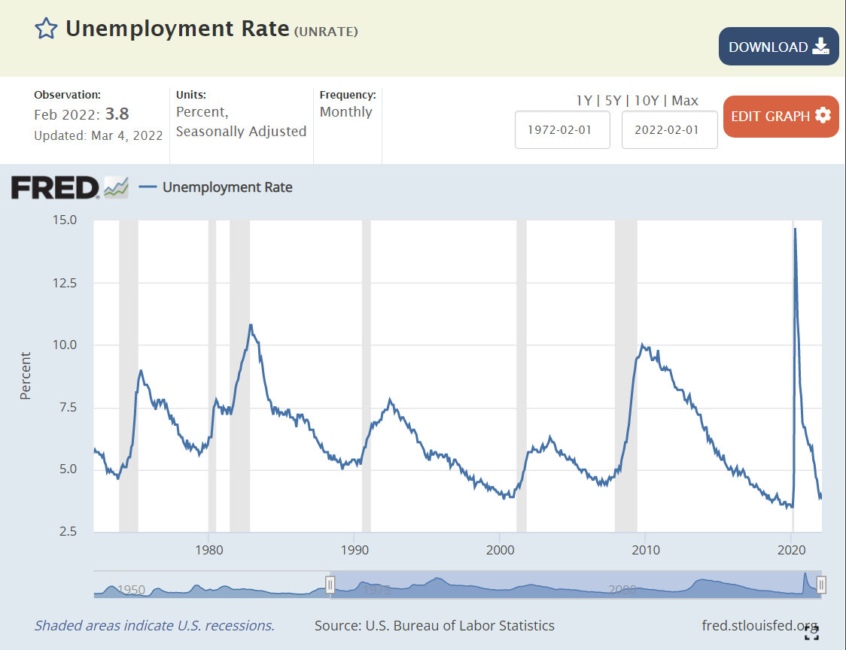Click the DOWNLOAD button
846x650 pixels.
point(778,47)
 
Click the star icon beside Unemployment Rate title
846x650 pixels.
point(47,29)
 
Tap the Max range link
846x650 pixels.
point(685,101)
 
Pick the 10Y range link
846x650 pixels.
point(647,101)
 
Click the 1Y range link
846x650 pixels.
point(584,101)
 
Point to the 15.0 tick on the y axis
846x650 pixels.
point(65,220)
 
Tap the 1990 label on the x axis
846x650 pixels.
point(355,550)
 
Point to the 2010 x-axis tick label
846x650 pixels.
point(646,550)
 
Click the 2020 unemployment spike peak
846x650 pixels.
point(796,229)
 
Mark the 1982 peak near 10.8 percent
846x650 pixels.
point(251,325)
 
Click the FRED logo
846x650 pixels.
point(55,187)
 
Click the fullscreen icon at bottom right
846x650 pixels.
point(811,633)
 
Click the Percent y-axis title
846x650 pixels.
point(26,375)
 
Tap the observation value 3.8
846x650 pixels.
point(117,114)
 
